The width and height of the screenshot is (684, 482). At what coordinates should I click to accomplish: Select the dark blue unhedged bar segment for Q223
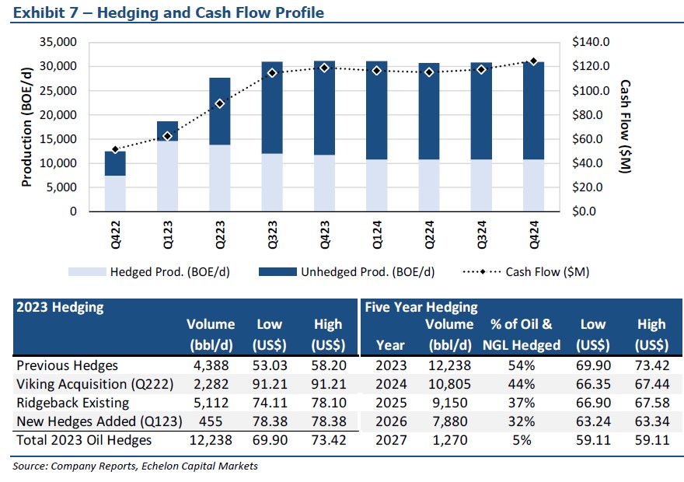coord(219,111)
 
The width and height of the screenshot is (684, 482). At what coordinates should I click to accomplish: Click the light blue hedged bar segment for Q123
coord(167,176)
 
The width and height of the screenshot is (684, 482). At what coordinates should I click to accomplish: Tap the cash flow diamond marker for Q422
coord(115,149)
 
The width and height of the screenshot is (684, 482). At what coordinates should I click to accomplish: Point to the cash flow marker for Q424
coord(533,61)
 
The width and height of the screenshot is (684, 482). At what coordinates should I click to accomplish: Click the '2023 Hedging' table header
coord(60,307)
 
